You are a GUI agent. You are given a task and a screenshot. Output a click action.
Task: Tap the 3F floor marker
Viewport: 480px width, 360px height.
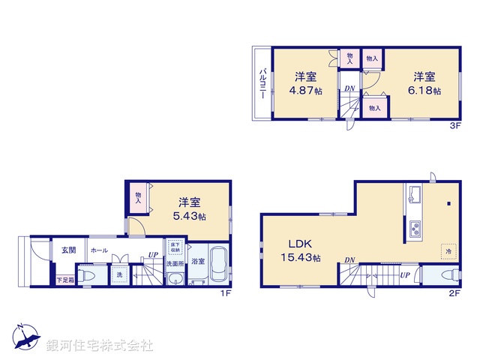point(454,127)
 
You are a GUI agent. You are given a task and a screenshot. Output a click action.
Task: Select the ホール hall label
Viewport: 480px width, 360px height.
point(98,250)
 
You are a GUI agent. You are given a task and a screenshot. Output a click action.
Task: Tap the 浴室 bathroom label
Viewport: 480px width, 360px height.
point(197,262)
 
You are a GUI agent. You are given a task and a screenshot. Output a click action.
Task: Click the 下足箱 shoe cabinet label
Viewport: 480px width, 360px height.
point(65,280)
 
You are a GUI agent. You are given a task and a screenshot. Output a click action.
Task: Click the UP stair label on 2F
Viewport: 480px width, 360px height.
point(404,275)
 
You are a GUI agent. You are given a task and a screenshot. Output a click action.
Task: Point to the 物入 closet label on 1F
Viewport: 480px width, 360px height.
point(139,198)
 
